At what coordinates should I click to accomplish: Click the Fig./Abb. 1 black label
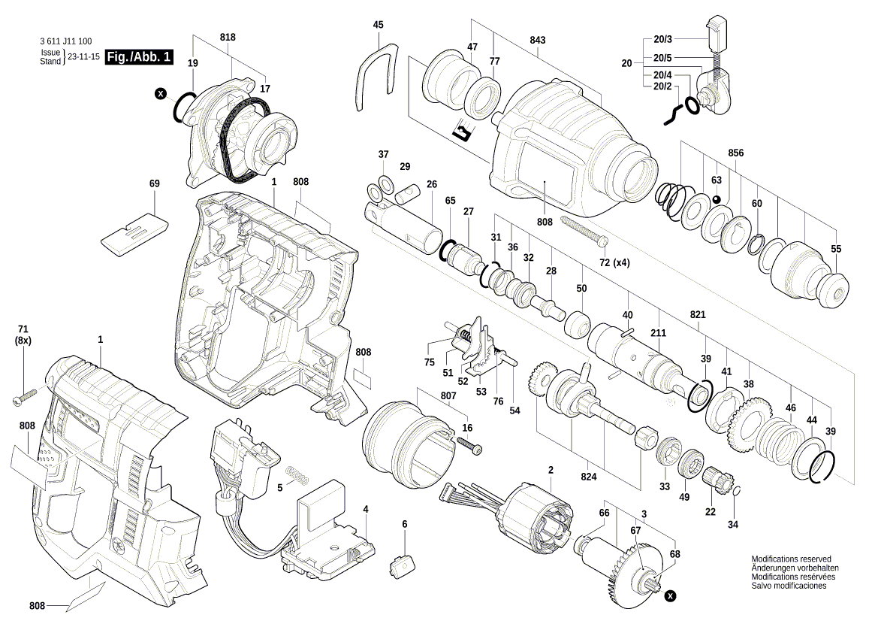click(x=140, y=57)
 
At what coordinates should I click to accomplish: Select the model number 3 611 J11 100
click(x=65, y=42)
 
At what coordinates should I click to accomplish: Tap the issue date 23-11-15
click(x=83, y=57)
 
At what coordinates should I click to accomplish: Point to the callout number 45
click(x=378, y=25)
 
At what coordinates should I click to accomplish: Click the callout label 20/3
click(x=662, y=38)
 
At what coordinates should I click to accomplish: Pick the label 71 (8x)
click(x=23, y=335)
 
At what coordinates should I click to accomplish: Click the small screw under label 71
click(x=25, y=397)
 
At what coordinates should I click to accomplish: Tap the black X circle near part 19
click(x=160, y=94)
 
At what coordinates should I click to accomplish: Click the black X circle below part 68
click(x=670, y=595)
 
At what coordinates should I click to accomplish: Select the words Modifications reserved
click(x=791, y=559)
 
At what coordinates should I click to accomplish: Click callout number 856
click(x=735, y=153)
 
